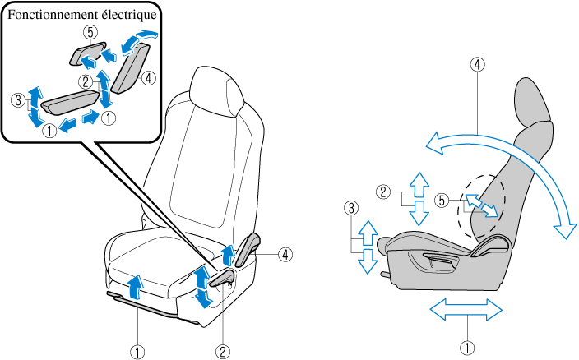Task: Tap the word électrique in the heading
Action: (130, 14)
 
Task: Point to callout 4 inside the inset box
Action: (148, 79)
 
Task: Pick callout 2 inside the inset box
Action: (86, 81)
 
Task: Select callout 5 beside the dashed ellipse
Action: (442, 200)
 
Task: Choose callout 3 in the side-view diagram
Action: (351, 209)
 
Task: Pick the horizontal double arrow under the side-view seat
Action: (466, 310)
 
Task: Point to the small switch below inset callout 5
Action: (86, 55)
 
